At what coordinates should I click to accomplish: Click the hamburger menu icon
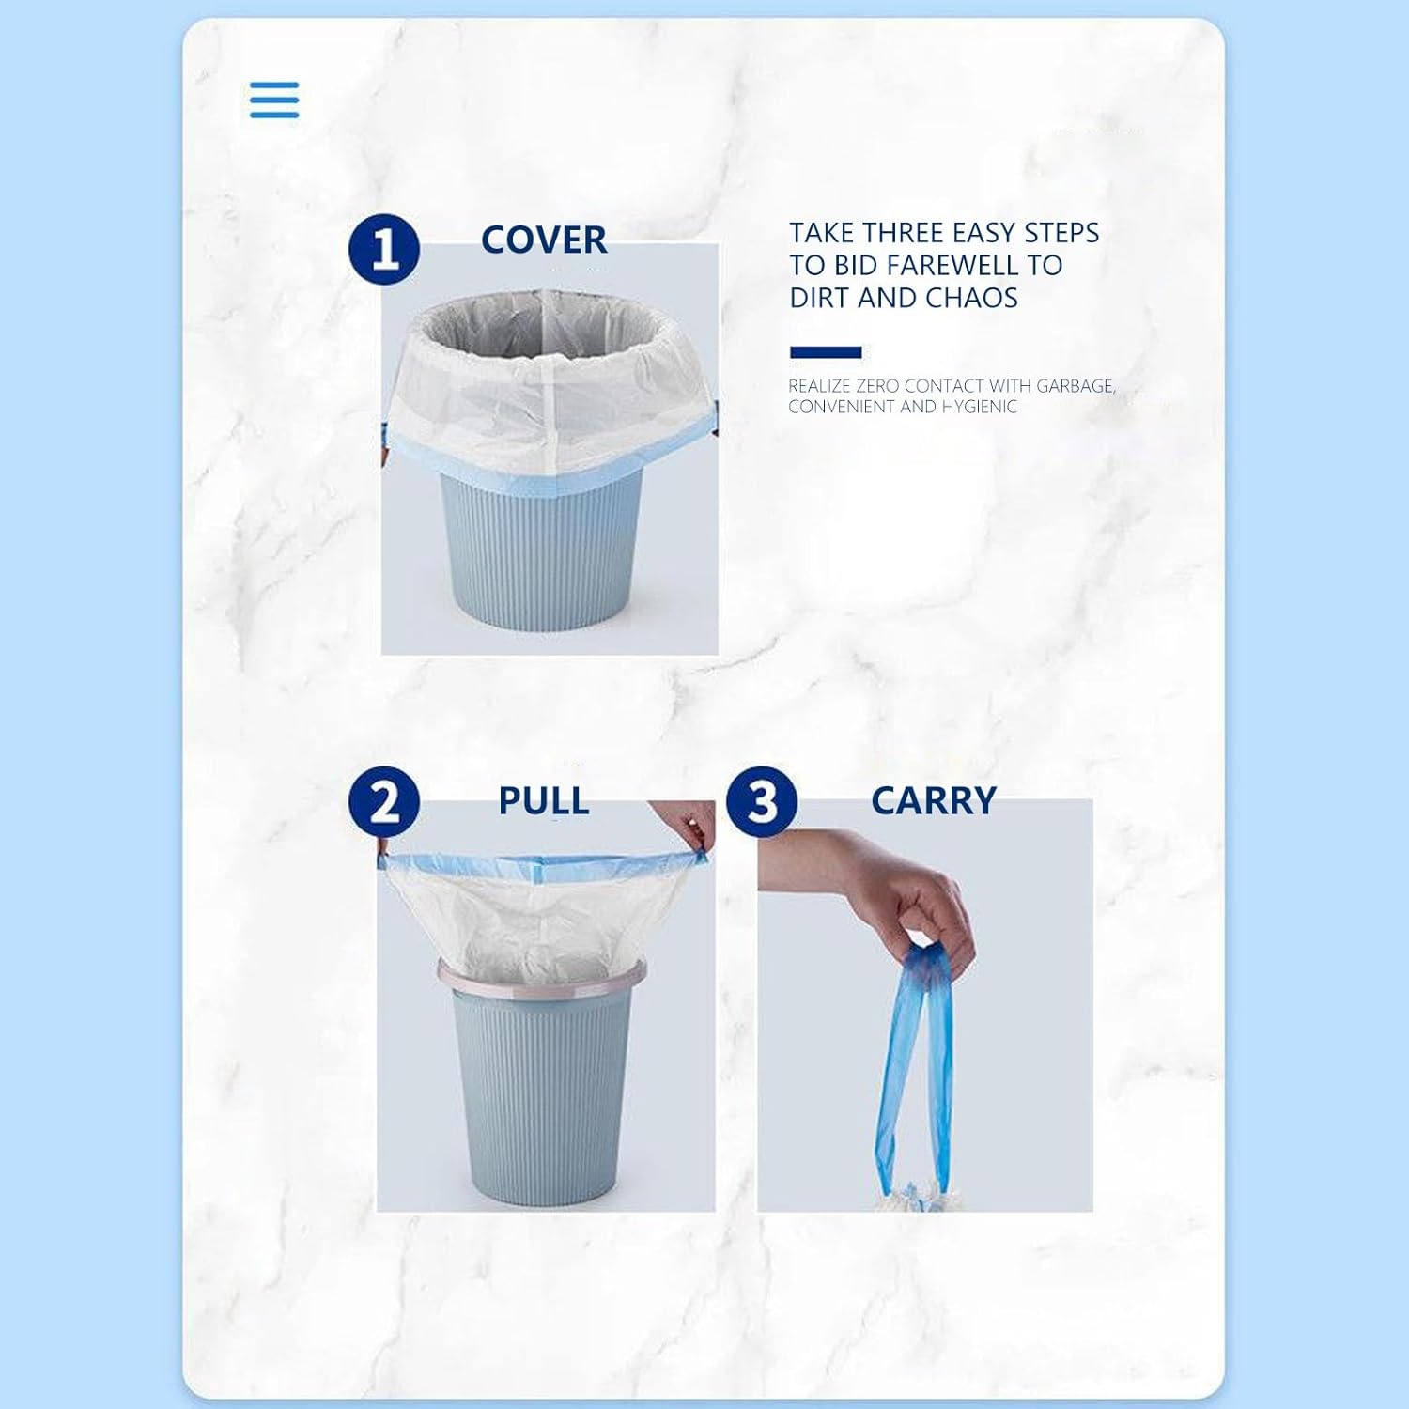(x=274, y=100)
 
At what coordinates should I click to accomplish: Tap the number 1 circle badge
(x=384, y=249)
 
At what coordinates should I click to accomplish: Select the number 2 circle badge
(x=384, y=802)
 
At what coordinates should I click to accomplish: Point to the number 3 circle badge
(x=762, y=802)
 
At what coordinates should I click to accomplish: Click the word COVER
(x=544, y=240)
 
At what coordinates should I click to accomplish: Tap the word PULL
(x=544, y=801)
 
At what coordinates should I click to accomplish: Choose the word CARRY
(x=934, y=801)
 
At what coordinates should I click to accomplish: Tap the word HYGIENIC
(x=979, y=407)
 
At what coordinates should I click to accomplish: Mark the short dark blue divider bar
(x=826, y=352)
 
